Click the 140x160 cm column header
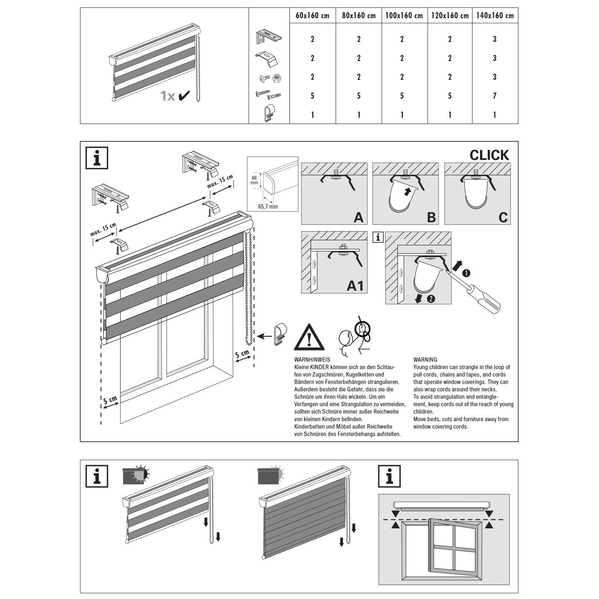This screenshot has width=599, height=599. click(x=495, y=16)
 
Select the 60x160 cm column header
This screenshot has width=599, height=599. click(x=312, y=16)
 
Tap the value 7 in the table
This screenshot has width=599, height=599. click(x=495, y=96)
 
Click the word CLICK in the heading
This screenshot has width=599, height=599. click(x=489, y=155)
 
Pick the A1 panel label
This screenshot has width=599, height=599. click(x=355, y=286)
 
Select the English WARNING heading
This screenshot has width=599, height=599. click(x=425, y=359)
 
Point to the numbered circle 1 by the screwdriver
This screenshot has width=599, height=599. click(x=466, y=273)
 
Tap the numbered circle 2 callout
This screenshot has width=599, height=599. click(x=431, y=298)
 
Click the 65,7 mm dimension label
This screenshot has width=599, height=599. click(x=268, y=206)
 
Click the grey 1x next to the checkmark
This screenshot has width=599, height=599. click(x=168, y=96)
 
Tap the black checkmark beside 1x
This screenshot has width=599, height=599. click(x=184, y=96)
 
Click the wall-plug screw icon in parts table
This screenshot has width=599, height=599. click(x=268, y=95)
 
